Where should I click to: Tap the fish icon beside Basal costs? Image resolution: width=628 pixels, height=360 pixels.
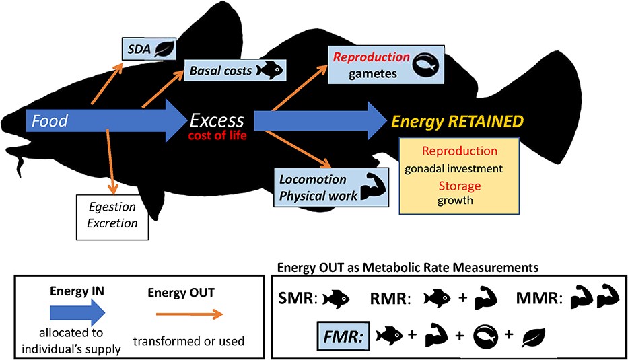[271, 71]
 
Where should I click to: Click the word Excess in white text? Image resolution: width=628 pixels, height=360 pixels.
[217, 120]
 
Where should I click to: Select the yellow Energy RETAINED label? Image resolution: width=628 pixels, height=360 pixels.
[458, 122]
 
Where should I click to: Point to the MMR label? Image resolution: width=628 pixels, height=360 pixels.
[535, 299]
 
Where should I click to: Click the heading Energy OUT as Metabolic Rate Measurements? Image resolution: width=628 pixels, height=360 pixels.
[408, 268]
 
